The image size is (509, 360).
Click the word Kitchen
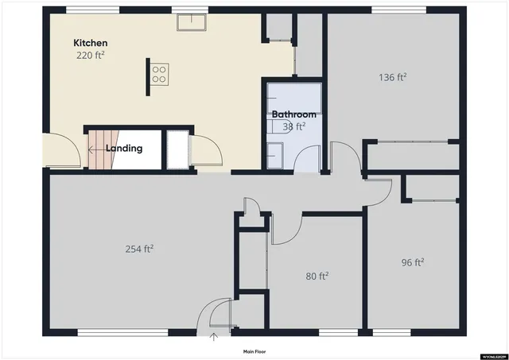90,42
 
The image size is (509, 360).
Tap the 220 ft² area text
91,56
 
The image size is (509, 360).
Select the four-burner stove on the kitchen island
159,73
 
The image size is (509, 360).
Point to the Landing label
125,148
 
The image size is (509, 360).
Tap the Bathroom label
293,114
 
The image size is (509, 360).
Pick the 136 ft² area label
392,77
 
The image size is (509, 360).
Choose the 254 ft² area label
138,249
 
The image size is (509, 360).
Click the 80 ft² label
317,277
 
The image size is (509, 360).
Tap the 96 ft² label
412,262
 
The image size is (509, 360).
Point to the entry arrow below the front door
213,338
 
